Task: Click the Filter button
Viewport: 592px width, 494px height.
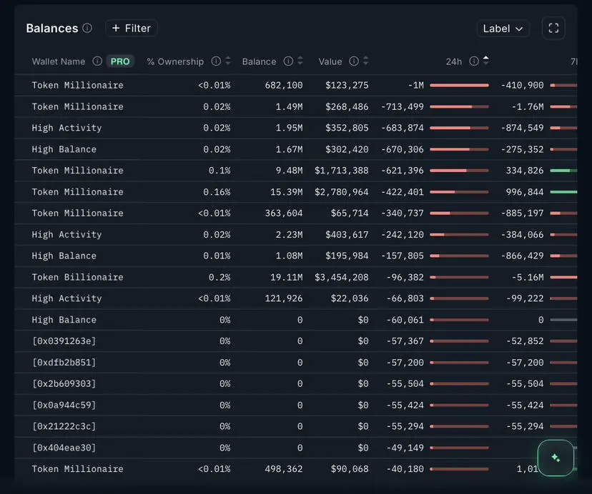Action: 132,29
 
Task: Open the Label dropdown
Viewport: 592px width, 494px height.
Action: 503,29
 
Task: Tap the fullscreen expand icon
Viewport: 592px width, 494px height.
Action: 553,29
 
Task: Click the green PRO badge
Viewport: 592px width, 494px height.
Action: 120,61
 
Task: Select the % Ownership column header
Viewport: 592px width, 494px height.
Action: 175,61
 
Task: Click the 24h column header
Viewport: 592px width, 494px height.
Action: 454,61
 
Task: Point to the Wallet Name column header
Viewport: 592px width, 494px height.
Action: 59,61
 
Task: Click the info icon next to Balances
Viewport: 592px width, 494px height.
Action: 87,29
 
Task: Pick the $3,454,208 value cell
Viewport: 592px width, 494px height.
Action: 342,277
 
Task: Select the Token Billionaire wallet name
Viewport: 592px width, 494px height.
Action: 77,277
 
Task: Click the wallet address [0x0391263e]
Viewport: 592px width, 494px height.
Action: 64,341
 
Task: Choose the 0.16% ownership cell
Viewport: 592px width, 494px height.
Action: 217,192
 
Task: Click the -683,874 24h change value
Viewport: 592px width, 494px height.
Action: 402,128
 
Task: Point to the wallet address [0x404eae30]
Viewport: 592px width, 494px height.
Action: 64,448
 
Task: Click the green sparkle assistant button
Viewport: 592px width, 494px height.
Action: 556,458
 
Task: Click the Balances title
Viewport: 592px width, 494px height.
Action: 51,29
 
